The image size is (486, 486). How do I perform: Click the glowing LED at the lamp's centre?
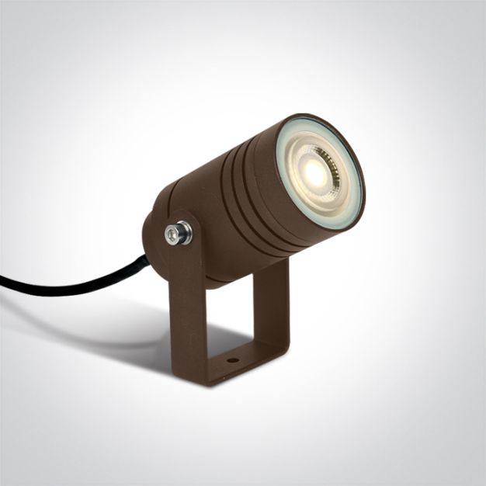[x=315, y=175]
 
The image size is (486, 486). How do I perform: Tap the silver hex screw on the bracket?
[x=178, y=232]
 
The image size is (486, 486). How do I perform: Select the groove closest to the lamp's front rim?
[x=256, y=194]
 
